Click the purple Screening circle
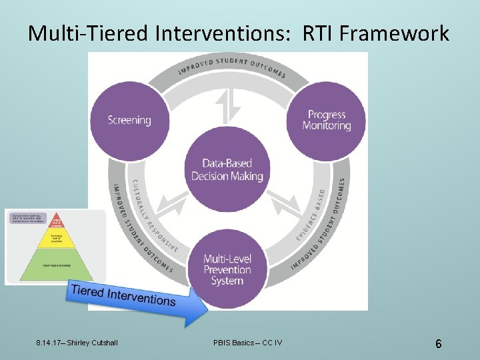(129, 120)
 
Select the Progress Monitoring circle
(327, 120)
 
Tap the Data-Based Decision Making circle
(227, 170)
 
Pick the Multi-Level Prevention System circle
(227, 269)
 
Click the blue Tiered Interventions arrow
(133, 298)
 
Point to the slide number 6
(438, 344)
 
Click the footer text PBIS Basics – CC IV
(247, 343)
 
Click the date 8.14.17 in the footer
(47, 343)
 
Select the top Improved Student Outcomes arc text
(232, 66)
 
